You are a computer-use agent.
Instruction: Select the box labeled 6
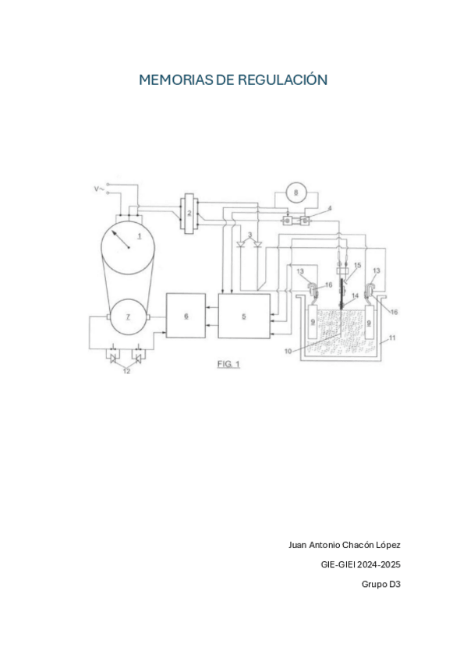[186, 316]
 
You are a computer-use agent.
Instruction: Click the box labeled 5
[244, 316]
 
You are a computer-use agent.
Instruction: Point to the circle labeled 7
[128, 317]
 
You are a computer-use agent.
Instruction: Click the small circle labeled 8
[296, 193]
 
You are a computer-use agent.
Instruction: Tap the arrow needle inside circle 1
[120, 239]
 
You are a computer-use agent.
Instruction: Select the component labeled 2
[189, 212]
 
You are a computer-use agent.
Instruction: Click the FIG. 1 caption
[228, 364]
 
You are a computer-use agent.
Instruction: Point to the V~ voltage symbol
[99, 189]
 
